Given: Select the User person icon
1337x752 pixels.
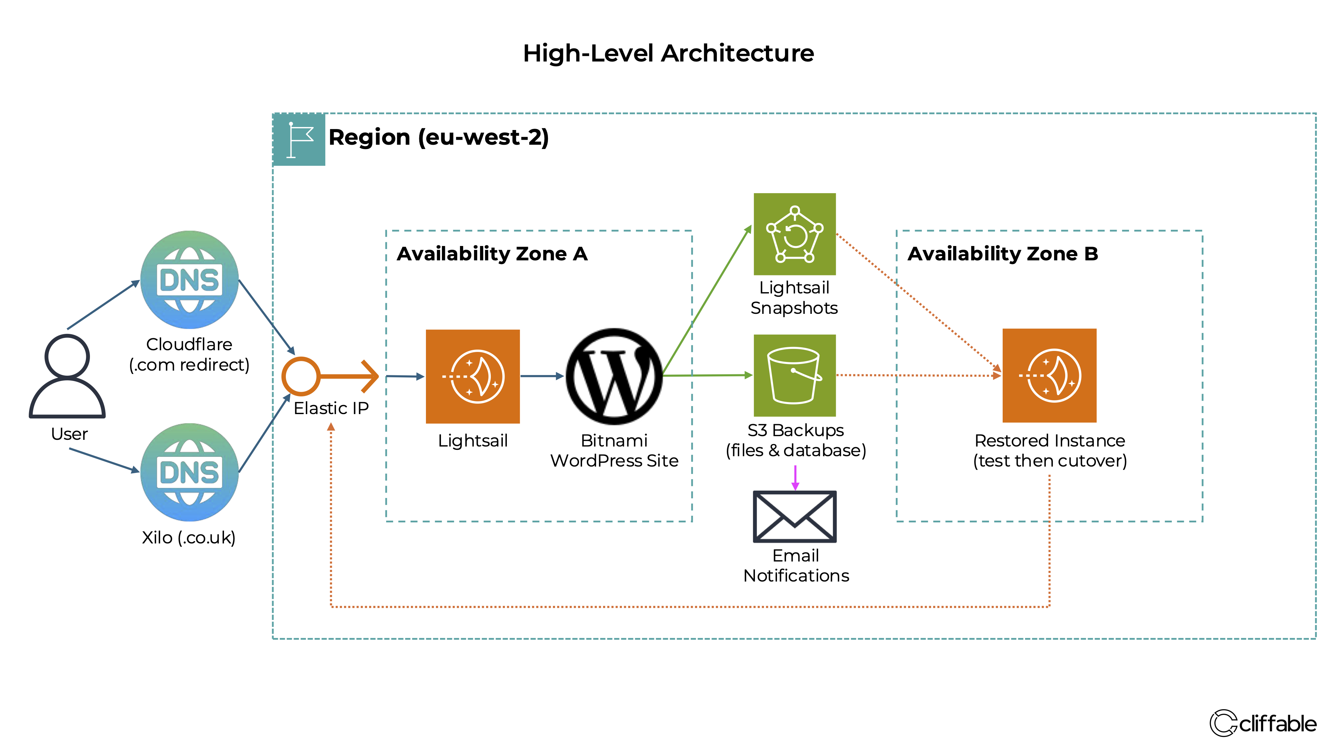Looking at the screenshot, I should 68,376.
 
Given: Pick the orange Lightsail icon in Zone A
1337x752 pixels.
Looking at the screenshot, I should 472,376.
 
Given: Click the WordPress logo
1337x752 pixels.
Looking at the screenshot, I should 614,376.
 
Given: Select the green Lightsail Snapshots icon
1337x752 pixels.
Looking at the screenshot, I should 794,234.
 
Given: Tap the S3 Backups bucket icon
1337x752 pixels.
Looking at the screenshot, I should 794,375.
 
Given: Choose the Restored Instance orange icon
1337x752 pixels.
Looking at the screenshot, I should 1049,375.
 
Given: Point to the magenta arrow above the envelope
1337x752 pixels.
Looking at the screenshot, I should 795,478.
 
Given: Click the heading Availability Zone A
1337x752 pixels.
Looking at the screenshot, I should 492,254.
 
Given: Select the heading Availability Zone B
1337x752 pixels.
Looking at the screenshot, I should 1002,254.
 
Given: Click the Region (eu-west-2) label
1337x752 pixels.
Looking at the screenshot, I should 439,137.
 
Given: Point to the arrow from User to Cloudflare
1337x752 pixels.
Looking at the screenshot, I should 103,305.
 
